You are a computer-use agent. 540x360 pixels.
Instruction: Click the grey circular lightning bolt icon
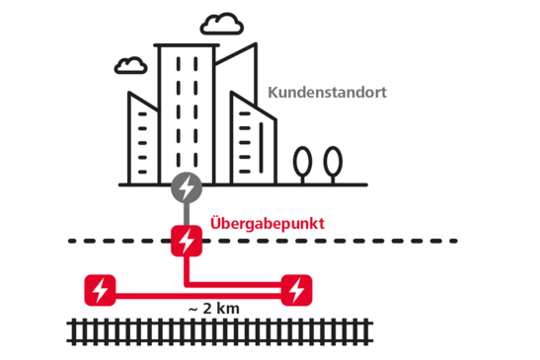(186, 186)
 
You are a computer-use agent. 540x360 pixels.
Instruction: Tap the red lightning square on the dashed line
(186, 240)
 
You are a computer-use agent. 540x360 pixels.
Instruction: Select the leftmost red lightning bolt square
(100, 290)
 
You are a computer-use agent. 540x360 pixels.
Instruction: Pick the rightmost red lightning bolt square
(295, 290)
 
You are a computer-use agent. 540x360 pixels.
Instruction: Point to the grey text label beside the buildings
(327, 94)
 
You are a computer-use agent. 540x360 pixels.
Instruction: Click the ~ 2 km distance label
(214, 308)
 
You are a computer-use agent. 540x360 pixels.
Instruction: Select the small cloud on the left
(129, 66)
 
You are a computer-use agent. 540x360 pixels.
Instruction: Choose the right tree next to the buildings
(334, 163)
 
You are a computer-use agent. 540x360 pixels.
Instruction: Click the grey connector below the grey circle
(186, 213)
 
